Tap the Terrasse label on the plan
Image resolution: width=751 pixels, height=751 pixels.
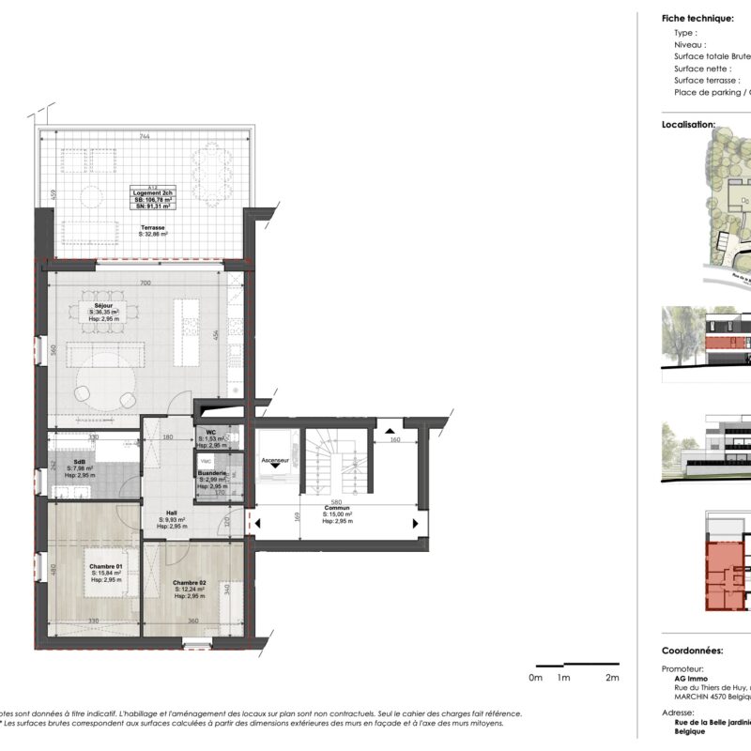[153, 227]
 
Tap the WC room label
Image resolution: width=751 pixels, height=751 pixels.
[211, 433]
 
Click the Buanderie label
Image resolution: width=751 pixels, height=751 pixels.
[213, 474]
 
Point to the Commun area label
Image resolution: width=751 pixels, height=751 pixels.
[336, 508]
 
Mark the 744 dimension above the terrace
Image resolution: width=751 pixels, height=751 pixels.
[144, 136]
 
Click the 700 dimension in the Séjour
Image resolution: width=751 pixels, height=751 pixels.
[145, 283]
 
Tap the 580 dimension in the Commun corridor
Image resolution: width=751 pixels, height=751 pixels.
[336, 500]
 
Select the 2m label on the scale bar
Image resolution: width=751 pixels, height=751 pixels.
[613, 677]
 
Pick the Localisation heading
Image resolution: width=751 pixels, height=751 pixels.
[688, 124]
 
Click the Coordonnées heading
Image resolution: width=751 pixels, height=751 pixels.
[692, 650]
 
